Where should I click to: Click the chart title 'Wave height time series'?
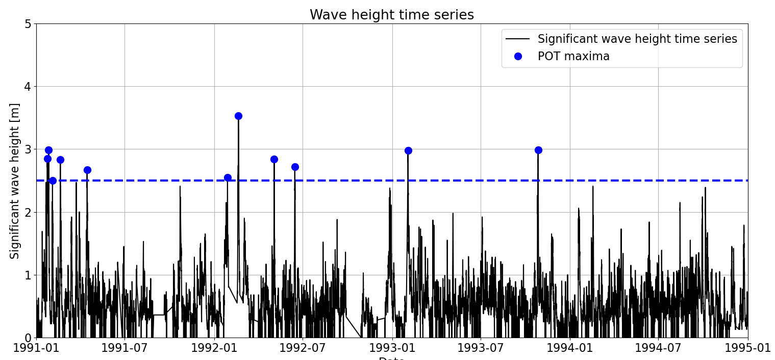(391, 15)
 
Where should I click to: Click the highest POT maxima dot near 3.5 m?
(238, 116)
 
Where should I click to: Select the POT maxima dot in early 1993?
(408, 150)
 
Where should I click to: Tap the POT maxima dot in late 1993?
(538, 150)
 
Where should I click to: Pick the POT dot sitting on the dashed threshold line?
(53, 181)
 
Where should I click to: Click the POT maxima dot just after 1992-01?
(228, 177)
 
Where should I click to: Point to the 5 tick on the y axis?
(28, 24)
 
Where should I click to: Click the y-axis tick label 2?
(28, 212)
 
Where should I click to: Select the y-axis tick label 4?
(28, 87)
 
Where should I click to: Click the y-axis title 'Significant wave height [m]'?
(15, 181)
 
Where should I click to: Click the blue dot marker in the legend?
(518, 57)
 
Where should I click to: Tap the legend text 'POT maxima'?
(573, 57)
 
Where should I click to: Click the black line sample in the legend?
(518, 39)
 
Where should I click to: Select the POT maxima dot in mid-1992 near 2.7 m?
(295, 167)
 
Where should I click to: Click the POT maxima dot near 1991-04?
(87, 170)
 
